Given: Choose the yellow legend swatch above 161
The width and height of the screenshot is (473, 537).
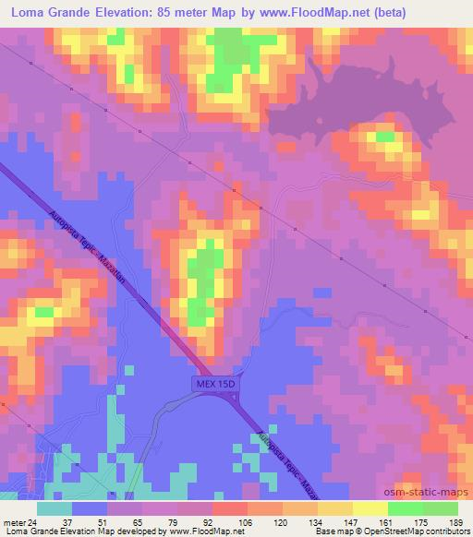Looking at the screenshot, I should coord(370,509).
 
